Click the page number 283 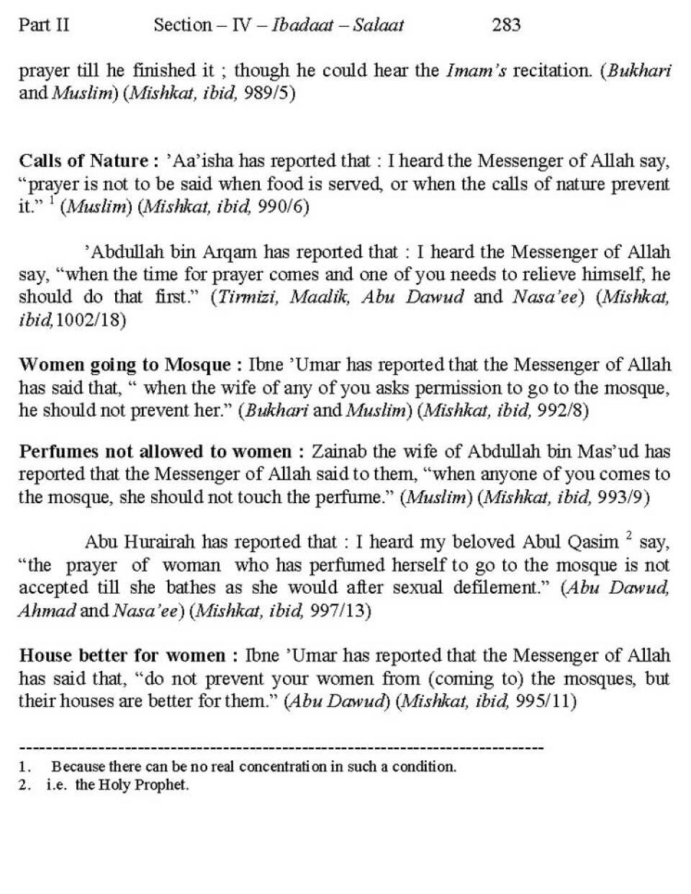[506, 25]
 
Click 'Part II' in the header [44, 25]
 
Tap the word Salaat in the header [379, 25]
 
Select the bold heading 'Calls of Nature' [83, 160]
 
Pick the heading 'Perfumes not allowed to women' [155, 452]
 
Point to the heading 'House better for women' [122, 656]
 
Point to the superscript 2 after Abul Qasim [628, 536]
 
